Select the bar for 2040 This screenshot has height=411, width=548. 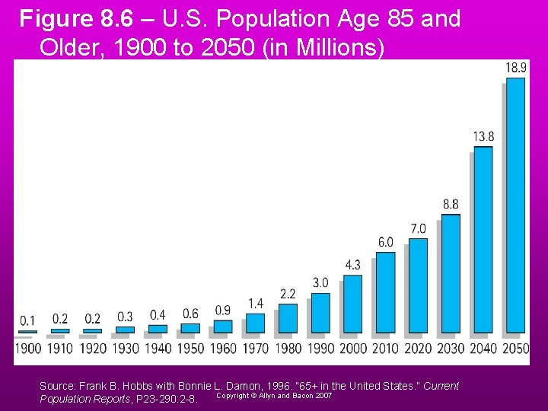tap(483, 239)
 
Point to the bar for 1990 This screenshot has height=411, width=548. tap(320, 312)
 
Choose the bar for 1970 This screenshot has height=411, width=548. tap(256, 323)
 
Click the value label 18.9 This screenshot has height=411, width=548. tap(516, 68)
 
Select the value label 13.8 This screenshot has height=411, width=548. tap(483, 136)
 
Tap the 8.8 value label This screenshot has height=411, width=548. tap(451, 204)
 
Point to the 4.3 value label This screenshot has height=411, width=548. tap(353, 265)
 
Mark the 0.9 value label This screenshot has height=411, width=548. tap(223, 310)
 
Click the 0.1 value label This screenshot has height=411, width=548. tap(27, 320)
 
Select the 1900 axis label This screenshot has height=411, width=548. tap(28, 349)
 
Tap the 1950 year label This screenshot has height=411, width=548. tap(191, 349)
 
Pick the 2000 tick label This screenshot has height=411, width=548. tap(353, 349)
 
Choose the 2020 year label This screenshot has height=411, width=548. tap(418, 349)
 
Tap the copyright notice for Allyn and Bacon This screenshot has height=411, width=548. tap(274, 395)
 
